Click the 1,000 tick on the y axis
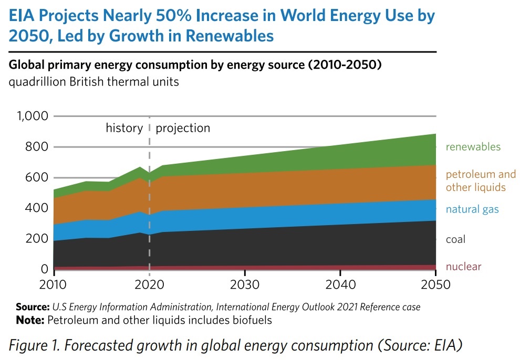(33, 116)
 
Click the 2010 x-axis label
(54, 284)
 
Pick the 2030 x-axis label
(245, 284)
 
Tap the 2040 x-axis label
(340, 284)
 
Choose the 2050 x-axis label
(435, 284)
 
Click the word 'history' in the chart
(124, 128)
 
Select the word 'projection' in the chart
(183, 128)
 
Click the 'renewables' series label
(473, 147)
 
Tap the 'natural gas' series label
(472, 210)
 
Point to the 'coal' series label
(456, 240)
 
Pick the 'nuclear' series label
(463, 267)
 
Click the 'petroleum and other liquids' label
(481, 181)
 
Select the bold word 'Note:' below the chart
(30, 320)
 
